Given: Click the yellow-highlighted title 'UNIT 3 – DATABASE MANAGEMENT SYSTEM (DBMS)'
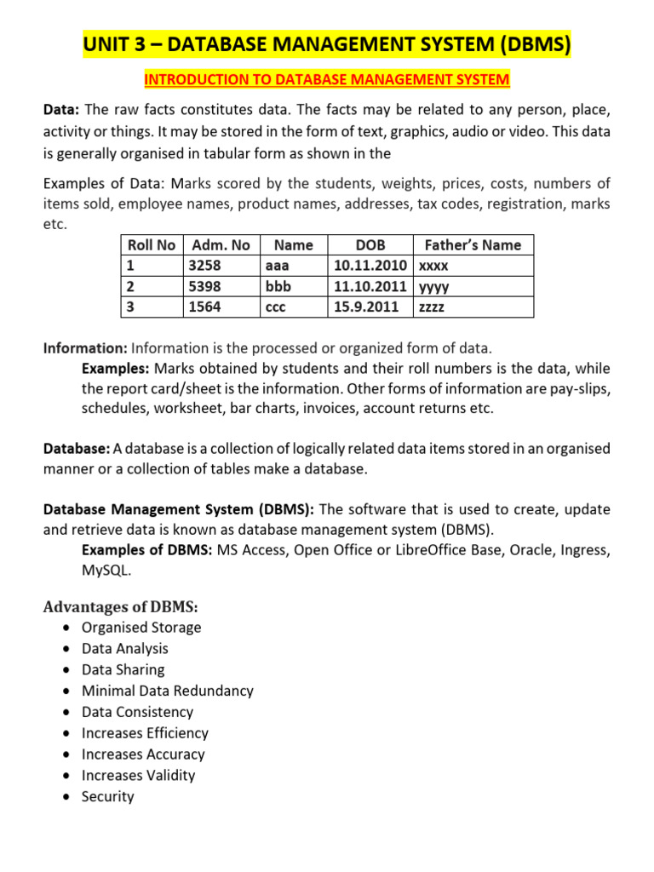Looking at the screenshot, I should pos(327,43).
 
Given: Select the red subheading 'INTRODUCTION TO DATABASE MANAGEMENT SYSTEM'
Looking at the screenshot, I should pos(327,80).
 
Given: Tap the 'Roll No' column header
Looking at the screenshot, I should pos(151,245).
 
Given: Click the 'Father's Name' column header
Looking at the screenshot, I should pos(473,245).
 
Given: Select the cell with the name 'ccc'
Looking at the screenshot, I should pos(276,307).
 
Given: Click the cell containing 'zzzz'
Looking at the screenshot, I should pos(433,307).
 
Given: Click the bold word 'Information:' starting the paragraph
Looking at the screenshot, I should pos(85,348).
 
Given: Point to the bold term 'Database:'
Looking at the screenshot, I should pos(77,448).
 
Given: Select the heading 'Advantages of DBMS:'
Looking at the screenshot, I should pos(120,606).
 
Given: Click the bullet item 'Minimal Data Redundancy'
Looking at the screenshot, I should pos(167,691).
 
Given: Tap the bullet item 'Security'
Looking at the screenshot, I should pos(107,796).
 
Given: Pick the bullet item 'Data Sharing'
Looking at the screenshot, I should pos(123,669).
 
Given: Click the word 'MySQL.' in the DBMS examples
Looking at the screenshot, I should pos(106,571).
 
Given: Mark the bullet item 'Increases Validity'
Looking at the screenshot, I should pos(138,775).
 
